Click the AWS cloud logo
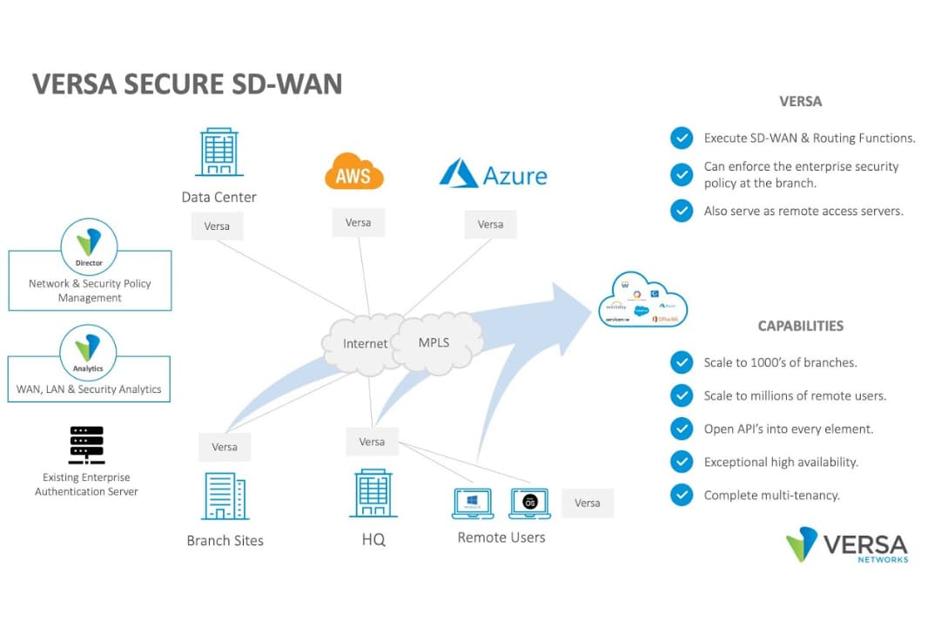click(353, 172)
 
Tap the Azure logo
click(493, 174)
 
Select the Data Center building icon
click(218, 153)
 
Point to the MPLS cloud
click(435, 340)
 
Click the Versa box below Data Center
click(217, 226)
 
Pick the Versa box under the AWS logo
click(358, 223)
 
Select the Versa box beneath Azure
click(490, 225)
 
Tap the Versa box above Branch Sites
click(225, 447)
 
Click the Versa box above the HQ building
click(372, 442)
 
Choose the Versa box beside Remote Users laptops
click(587, 503)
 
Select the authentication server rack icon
click(86, 445)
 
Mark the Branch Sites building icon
click(225, 497)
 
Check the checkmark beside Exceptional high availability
click(682, 462)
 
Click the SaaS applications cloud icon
click(642, 301)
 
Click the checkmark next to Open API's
click(682, 429)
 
